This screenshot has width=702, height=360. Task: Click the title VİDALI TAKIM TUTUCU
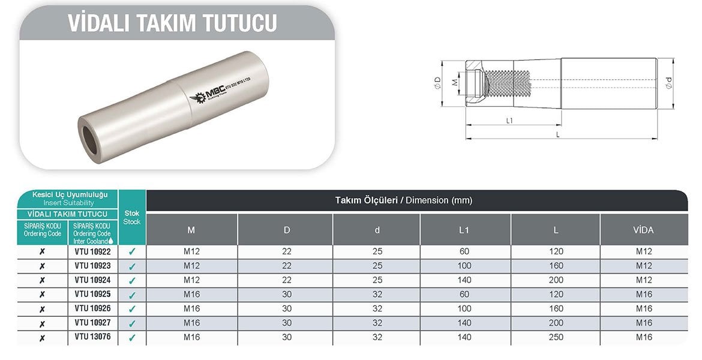(x=173, y=22)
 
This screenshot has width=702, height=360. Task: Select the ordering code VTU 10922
(x=92, y=251)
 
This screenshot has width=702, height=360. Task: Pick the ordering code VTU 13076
(x=92, y=337)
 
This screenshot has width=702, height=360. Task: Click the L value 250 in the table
(x=556, y=337)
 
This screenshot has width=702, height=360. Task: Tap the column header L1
(x=465, y=230)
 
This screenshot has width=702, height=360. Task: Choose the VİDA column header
(x=643, y=230)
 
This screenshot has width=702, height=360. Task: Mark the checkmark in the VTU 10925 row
(x=132, y=295)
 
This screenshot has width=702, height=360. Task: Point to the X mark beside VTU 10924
(x=42, y=280)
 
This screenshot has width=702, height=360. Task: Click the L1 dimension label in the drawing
(x=509, y=121)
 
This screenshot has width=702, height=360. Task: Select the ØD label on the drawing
(x=437, y=83)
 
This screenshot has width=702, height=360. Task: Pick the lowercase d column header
(x=376, y=230)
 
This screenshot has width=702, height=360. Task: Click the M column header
(x=191, y=230)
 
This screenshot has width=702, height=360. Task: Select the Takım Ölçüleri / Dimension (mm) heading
(x=403, y=200)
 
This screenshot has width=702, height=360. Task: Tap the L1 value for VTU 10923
(x=465, y=266)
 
